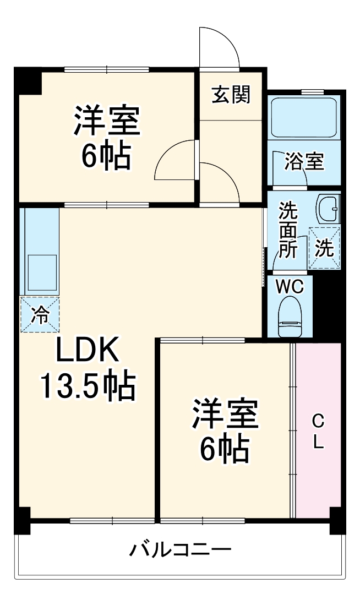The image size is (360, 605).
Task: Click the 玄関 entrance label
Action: [x=231, y=95]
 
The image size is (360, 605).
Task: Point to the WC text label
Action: [x=289, y=287]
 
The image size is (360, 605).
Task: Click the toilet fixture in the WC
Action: [x=289, y=317]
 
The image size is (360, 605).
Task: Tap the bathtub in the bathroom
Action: [x=304, y=118]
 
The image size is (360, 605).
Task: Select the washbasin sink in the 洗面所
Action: [x=328, y=209]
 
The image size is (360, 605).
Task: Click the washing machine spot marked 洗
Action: [x=324, y=248]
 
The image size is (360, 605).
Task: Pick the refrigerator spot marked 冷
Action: [x=40, y=314]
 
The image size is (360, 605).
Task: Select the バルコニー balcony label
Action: [x=180, y=550]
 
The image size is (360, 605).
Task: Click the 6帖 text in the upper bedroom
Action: [x=106, y=156]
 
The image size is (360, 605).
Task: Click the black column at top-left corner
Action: [x=27, y=80]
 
